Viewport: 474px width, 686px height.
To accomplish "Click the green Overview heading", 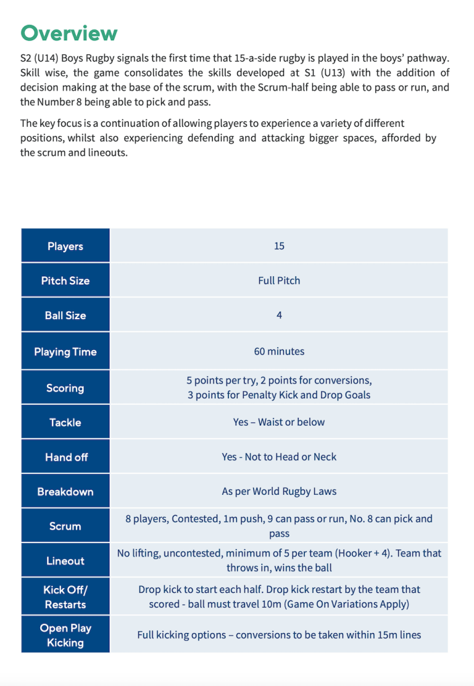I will point(69,33).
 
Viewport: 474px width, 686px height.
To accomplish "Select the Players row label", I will point(65,246).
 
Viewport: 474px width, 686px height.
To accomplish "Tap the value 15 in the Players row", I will point(279,246).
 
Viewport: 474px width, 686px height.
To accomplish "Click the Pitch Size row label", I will point(65,280).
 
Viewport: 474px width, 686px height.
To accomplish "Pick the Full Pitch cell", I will point(279,280).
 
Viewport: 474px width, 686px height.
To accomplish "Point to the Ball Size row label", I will point(65,315).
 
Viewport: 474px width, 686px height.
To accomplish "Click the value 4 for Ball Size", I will point(279,315).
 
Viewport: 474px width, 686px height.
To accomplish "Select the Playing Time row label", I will point(65,351).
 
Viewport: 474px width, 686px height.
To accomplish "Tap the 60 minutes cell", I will point(279,351).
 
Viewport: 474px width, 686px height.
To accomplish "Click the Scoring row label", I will point(65,388).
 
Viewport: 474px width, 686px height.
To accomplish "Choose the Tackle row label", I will point(65,422).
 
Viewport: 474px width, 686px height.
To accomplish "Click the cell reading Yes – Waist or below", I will point(279,422).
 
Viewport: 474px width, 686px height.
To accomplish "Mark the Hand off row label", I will point(65,457).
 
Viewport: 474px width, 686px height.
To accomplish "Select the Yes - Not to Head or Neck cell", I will point(279,457).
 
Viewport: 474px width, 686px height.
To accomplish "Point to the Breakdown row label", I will point(65,492).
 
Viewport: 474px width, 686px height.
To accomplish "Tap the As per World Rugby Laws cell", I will point(279,492).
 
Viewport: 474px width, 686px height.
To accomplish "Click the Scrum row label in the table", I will point(65,526).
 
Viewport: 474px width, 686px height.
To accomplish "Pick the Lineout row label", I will point(65,561).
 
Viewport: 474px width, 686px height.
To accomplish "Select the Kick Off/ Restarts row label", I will point(65,597).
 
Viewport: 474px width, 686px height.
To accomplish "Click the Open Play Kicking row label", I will point(65,635).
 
